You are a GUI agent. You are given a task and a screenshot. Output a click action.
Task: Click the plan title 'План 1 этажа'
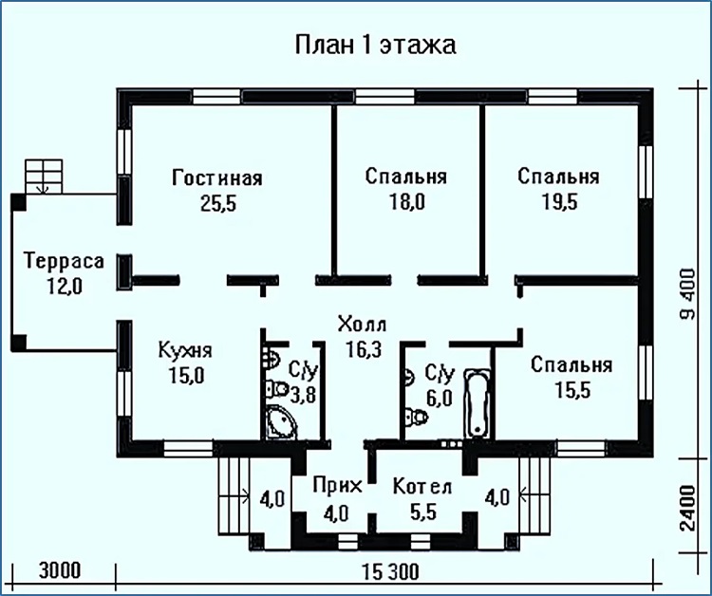click(376, 46)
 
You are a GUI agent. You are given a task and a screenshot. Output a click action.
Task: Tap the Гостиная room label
click(217, 177)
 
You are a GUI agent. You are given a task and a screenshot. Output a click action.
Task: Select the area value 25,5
click(218, 204)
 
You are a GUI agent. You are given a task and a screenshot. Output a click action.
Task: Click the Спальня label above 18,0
click(406, 177)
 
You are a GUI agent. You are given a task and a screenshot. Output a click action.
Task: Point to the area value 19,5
click(560, 202)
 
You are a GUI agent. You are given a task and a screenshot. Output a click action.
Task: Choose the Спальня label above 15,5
click(571, 364)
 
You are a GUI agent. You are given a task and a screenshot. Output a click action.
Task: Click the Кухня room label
click(185, 350)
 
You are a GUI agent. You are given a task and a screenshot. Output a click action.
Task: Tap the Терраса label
click(64, 261)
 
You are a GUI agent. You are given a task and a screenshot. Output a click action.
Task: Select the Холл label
click(363, 325)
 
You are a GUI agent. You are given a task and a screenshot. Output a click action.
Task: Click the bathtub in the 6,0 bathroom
click(477, 403)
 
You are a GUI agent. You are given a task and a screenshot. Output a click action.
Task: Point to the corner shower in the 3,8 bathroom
click(281, 422)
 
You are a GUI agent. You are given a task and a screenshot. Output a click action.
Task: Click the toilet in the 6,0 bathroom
click(417, 417)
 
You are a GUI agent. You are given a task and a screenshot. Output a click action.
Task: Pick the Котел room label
click(422, 486)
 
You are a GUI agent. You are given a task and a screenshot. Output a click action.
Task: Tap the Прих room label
click(337, 486)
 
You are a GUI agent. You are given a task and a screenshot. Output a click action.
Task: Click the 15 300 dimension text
click(391, 572)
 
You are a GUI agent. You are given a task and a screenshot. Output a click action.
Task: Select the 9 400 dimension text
click(688, 294)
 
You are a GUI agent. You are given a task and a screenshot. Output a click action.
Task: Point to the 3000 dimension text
click(60, 570)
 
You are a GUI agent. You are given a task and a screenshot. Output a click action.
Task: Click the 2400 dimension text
click(688, 508)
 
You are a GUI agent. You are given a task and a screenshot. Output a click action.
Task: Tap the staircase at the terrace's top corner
click(44, 177)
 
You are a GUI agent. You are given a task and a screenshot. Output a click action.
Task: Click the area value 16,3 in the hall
click(364, 349)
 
